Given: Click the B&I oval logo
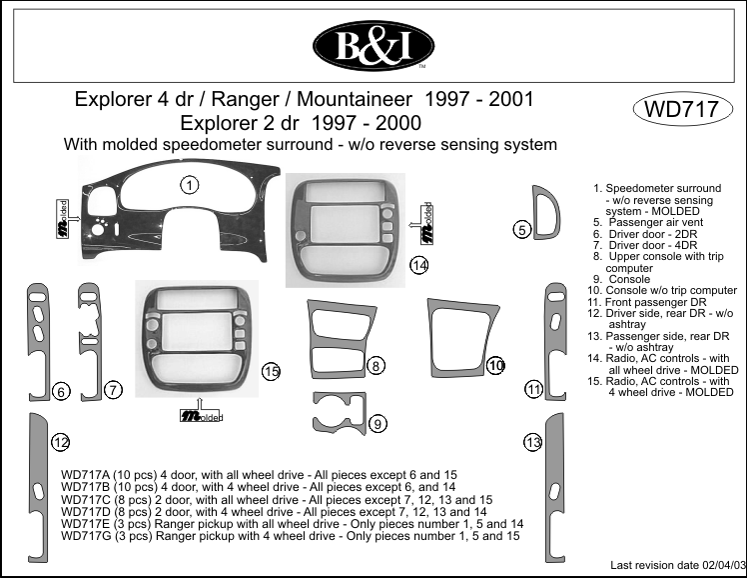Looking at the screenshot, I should [x=373, y=46].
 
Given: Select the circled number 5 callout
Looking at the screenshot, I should [x=522, y=230].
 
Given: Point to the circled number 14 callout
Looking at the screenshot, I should [x=419, y=265].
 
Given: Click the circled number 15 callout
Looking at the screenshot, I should [x=271, y=372].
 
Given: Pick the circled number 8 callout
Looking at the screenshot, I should [x=375, y=366].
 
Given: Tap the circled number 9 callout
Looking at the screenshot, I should [x=378, y=424].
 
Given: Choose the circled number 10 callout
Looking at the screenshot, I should [x=496, y=366].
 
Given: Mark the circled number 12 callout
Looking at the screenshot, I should [x=61, y=442].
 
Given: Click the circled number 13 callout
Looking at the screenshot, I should [x=532, y=442].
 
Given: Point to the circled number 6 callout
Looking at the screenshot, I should [x=61, y=392].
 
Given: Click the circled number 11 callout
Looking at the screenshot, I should [x=534, y=388].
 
